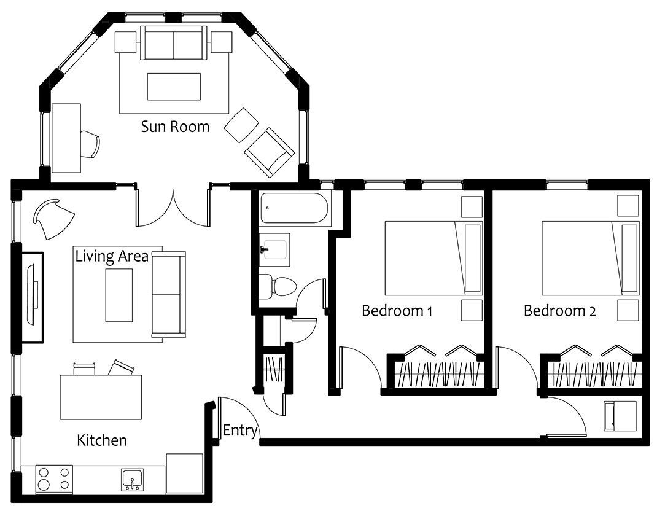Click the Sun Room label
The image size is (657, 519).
(175, 127)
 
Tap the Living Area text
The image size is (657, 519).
(112, 256)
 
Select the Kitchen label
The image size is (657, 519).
(102, 440)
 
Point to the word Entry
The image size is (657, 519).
(240, 431)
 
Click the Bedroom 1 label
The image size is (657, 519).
(397, 311)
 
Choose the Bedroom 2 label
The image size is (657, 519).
(560, 311)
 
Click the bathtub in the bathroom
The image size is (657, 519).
(294, 208)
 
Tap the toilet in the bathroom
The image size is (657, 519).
(278, 286)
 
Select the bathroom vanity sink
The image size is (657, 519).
(274, 250)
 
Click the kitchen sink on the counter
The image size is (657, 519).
(133, 480)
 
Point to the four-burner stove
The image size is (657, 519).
(54, 478)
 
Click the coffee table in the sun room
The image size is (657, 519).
(174, 87)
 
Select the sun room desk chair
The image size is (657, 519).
(90, 144)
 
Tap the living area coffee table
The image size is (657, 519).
(119, 295)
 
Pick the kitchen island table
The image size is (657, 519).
(101, 397)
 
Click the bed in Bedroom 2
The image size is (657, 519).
(591, 258)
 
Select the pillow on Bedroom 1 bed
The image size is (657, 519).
(473, 258)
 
